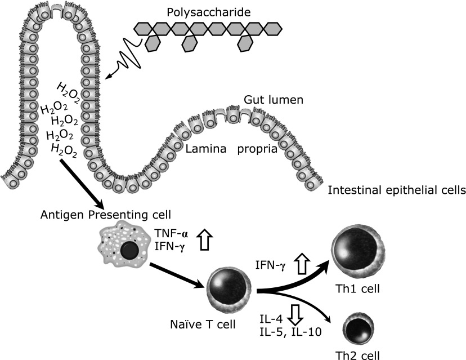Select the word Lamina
207,149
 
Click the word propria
257,149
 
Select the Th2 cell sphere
361,328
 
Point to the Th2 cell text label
360,355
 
